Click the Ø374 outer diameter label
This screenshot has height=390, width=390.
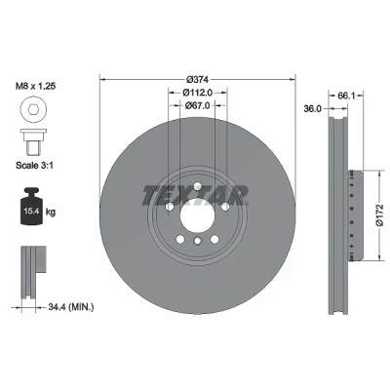click(x=197, y=79)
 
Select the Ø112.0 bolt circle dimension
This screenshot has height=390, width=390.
click(x=197, y=93)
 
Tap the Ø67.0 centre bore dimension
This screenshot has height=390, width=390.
click(x=197, y=105)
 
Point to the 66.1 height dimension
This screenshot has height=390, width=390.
click(x=346, y=96)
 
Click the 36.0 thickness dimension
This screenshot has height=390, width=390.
click(x=312, y=109)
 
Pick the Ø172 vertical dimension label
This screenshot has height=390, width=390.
click(x=380, y=215)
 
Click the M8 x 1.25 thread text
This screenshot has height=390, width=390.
click(x=36, y=86)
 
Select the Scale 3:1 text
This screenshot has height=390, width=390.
click(x=35, y=165)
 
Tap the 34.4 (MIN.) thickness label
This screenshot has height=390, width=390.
click(x=71, y=306)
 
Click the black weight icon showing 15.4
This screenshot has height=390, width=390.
click(x=31, y=206)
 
